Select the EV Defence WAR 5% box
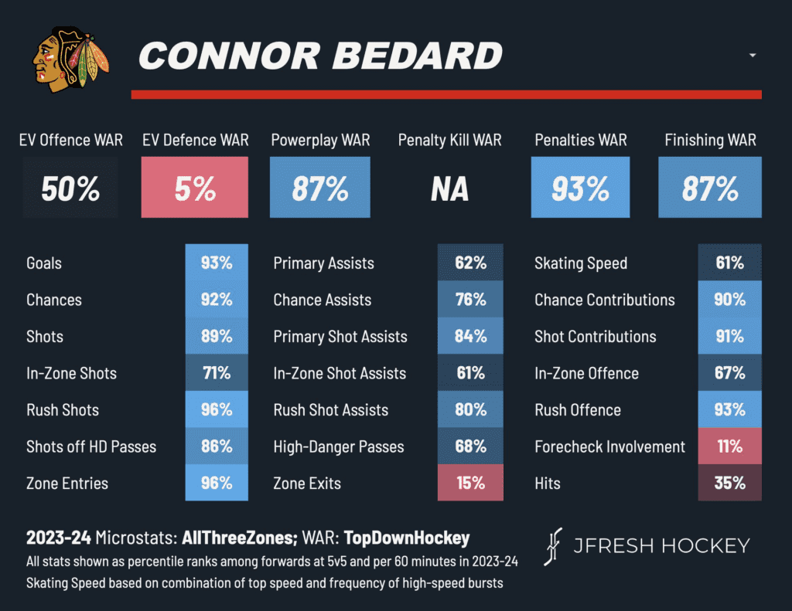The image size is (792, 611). coord(195,188)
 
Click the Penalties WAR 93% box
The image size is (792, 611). coord(580,188)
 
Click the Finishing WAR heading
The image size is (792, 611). coord(710,140)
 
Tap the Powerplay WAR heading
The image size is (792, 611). coord(320,140)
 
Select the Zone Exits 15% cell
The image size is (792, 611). coord(470,484)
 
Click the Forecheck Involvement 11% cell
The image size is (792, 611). coord(729,446)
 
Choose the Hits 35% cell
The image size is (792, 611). coord(729,484)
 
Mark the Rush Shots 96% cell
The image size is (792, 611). coord(217,410)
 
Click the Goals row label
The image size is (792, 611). coord(44,263)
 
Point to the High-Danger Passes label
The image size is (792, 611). coord(339,446)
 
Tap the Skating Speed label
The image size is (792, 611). coord(581,263)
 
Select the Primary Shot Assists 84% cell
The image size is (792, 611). coord(470,337)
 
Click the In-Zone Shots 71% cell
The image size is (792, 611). coord(217,373)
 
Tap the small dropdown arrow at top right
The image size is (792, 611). coord(753,56)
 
